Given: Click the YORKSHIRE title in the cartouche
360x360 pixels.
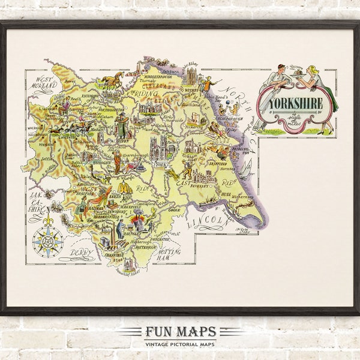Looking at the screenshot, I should click(x=295, y=103).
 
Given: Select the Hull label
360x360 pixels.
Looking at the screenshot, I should click(x=227, y=195).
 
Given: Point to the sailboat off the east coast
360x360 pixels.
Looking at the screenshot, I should click(x=244, y=170).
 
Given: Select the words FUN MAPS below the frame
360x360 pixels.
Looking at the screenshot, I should click(x=181, y=332).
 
